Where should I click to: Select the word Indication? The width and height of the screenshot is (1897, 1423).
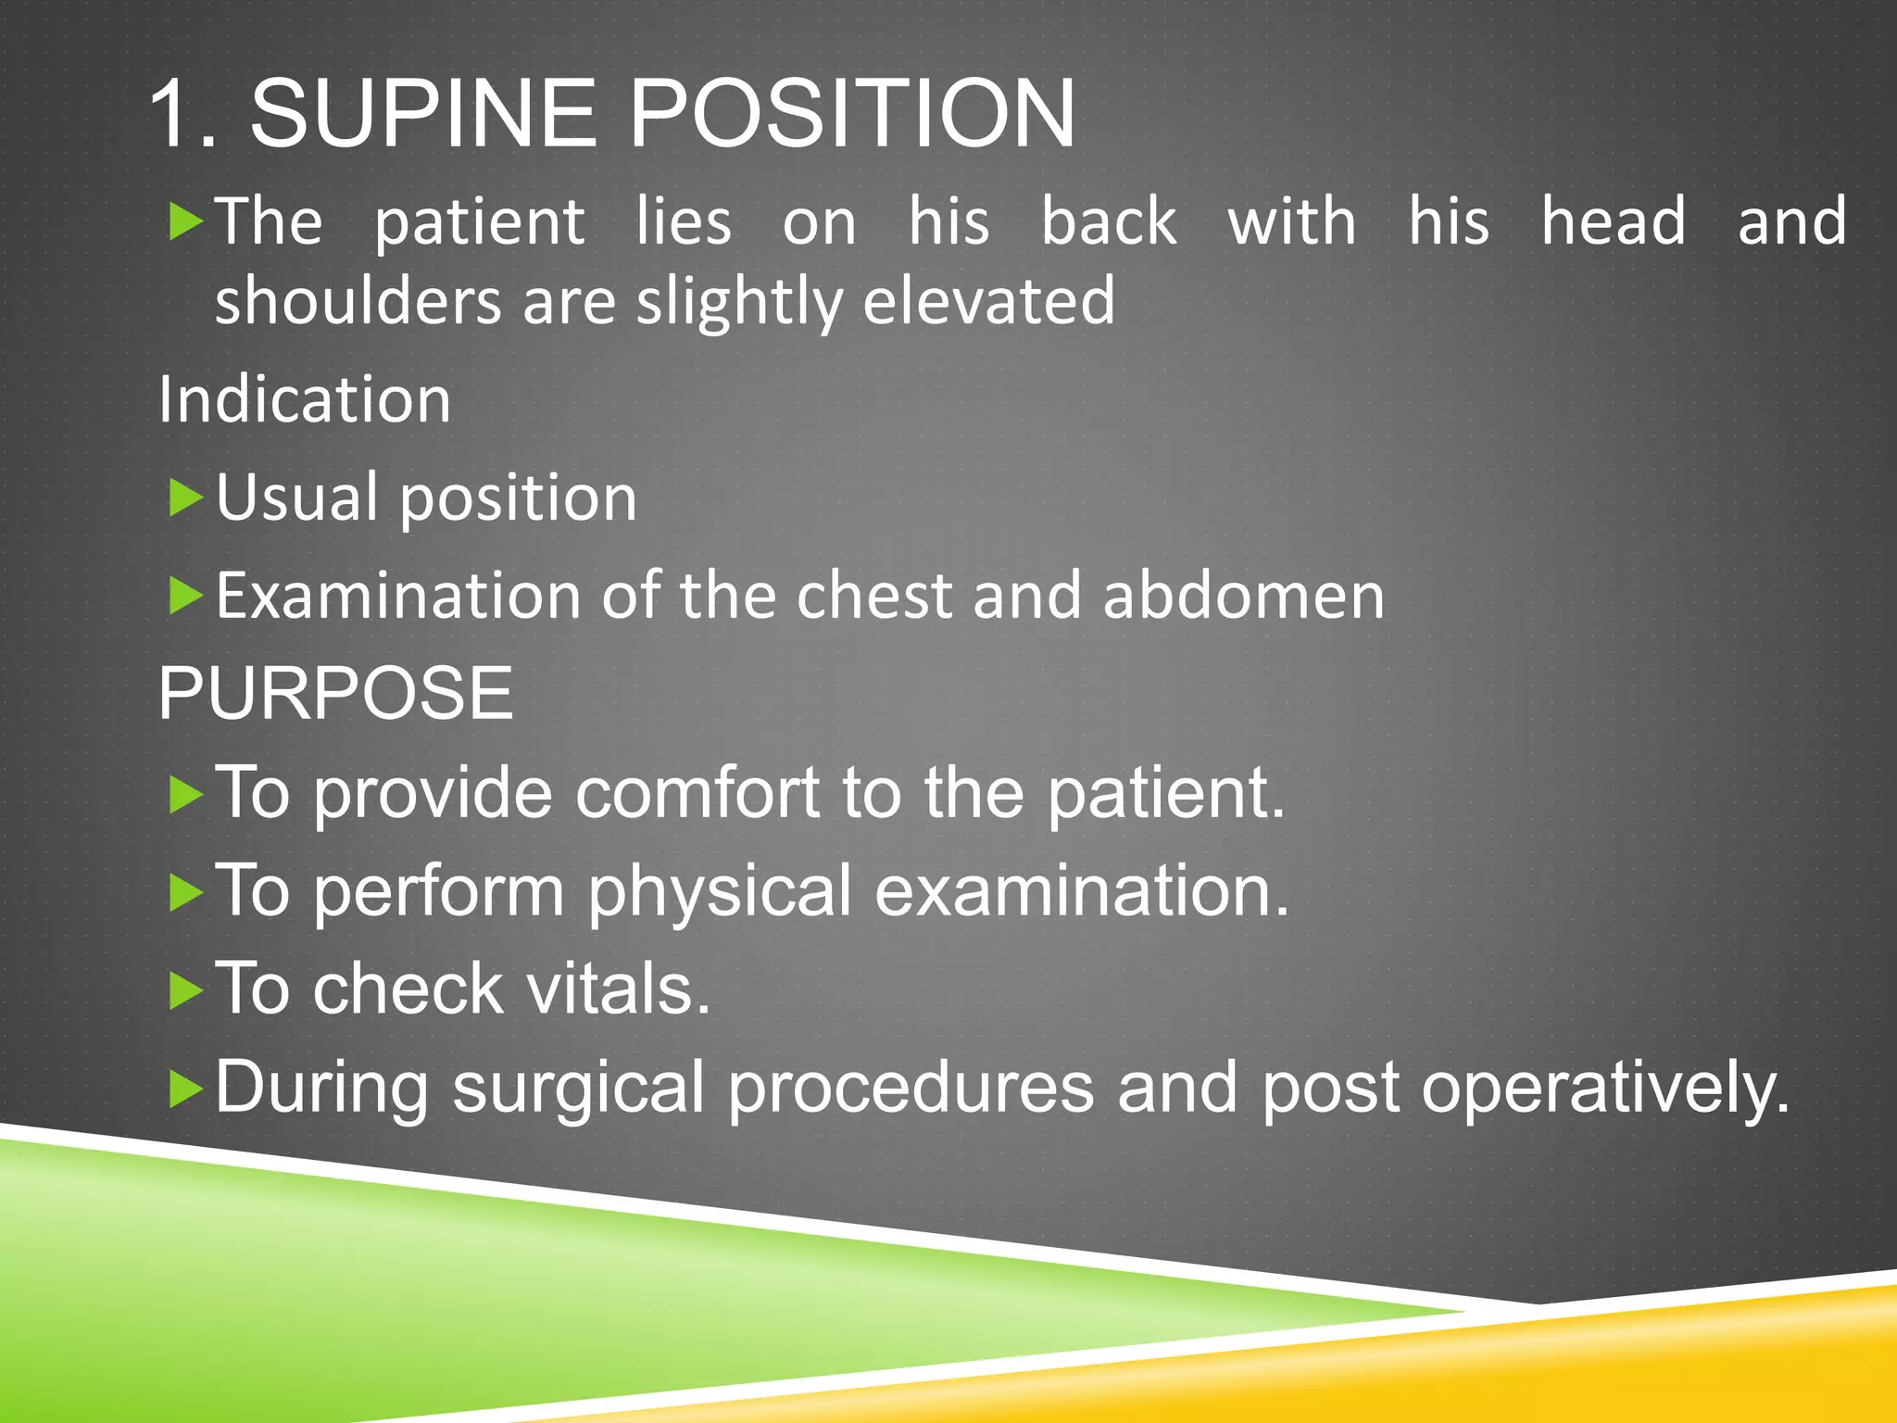[305, 399]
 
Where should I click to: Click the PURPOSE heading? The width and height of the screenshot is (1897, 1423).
[335, 693]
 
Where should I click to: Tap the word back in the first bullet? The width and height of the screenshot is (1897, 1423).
[1109, 222]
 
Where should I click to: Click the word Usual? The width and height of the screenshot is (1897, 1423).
[296, 497]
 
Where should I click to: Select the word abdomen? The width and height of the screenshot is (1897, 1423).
[1243, 596]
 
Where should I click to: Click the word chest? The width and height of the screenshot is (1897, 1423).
[874, 596]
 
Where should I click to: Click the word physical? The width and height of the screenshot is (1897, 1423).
[719, 891]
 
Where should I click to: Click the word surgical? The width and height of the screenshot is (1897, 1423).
[578, 1088]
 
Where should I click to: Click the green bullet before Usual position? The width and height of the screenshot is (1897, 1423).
[185, 499]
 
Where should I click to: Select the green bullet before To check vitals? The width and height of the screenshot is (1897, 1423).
[185, 991]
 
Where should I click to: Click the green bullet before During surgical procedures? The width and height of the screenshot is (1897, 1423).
[185, 1089]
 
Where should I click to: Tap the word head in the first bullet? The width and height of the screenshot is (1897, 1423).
[1613, 222]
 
